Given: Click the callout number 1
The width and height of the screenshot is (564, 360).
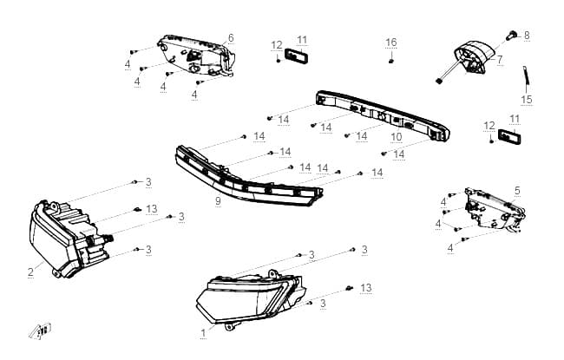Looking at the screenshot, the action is point(203,333).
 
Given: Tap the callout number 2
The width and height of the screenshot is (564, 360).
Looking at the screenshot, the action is point(31,272).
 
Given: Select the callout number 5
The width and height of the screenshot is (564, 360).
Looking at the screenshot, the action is point(517,191).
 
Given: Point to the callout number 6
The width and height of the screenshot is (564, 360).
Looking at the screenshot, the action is point(231,38).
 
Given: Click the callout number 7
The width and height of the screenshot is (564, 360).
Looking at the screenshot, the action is point(500,59).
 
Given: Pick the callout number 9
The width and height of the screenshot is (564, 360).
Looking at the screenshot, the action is point(218,201).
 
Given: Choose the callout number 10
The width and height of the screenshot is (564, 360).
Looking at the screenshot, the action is point(396,137).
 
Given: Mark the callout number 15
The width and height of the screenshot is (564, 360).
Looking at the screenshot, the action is point(527,100).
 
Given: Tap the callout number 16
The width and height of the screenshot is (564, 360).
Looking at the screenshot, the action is point(391,43).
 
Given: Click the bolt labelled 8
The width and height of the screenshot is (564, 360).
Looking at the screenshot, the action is point(511,36).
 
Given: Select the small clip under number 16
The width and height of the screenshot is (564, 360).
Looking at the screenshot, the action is point(391,61).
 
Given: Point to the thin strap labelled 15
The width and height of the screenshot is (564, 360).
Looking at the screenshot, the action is point(526,75).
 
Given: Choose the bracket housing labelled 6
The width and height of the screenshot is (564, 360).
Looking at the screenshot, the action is point(197,56).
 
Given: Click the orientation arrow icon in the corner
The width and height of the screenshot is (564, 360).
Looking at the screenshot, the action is point(40,331).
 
